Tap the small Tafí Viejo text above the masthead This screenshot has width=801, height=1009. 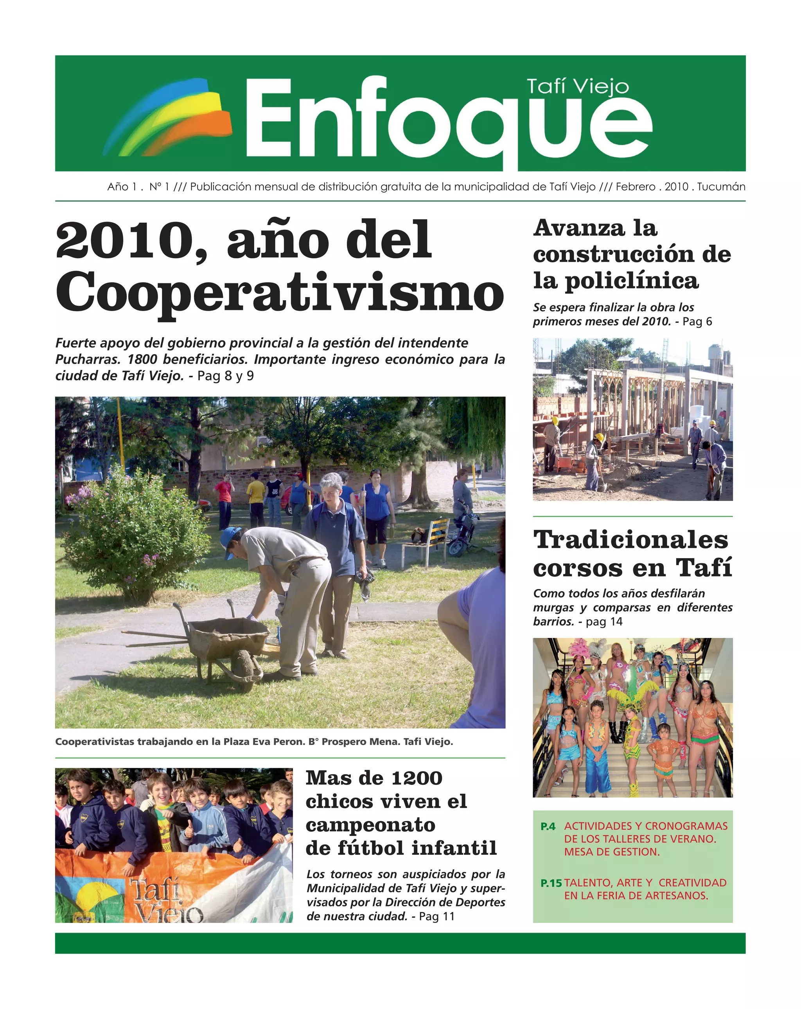tap(578, 87)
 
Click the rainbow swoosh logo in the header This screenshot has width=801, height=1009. tap(168, 117)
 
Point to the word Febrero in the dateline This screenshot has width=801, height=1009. tap(635, 187)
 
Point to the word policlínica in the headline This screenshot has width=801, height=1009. tap(632, 281)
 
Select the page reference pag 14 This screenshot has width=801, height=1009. tap(604, 622)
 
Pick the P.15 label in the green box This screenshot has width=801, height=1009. tap(551, 883)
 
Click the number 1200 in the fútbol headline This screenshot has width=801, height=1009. tap(417, 778)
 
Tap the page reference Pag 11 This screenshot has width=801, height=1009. tap(437, 916)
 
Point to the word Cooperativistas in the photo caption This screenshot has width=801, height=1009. tap(95, 742)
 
